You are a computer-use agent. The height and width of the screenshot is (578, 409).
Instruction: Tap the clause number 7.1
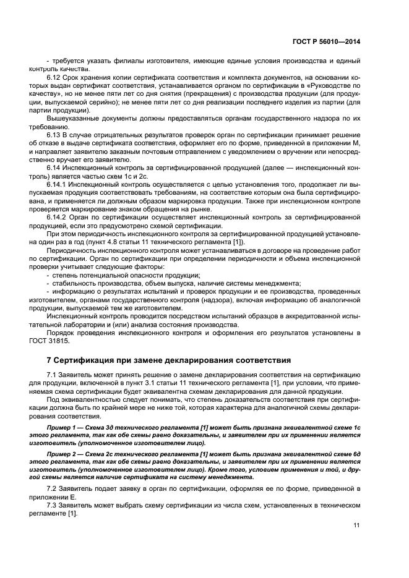click(53, 375)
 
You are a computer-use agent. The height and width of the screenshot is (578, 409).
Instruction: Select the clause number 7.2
click(53, 488)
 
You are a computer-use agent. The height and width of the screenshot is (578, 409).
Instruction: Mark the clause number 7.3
click(53, 504)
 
